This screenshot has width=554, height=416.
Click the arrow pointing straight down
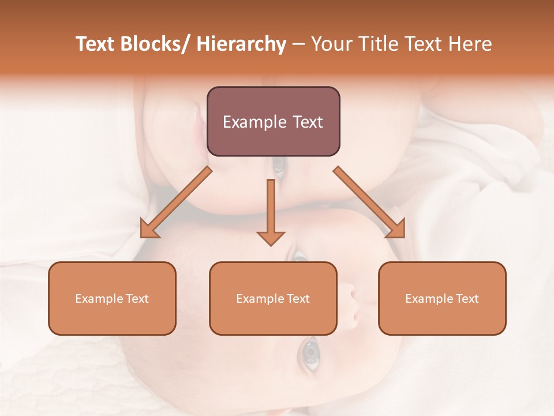(x=271, y=211)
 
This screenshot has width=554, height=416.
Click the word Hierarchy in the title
(x=241, y=44)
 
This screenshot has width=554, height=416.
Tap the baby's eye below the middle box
(x=310, y=353)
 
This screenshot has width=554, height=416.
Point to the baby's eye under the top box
(x=279, y=166)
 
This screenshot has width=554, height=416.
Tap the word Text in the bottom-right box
(x=467, y=299)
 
